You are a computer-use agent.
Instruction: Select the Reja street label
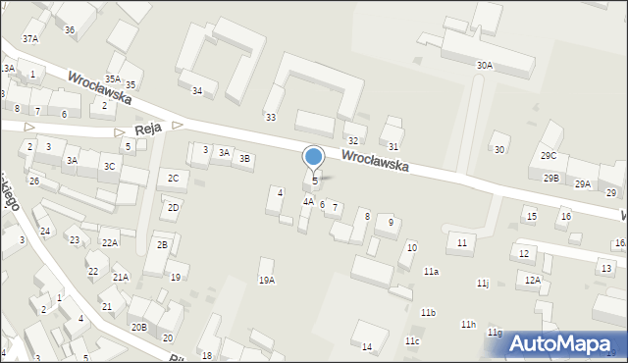click(x=147, y=130)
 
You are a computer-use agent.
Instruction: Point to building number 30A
click(x=484, y=65)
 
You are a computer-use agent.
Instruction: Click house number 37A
click(x=31, y=38)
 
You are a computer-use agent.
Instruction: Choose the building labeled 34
click(x=197, y=91)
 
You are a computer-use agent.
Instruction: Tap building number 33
click(x=271, y=118)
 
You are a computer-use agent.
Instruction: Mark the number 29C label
click(x=549, y=156)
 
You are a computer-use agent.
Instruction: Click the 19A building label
click(x=266, y=281)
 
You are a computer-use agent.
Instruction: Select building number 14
click(x=367, y=347)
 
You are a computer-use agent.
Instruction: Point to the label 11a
click(x=431, y=271)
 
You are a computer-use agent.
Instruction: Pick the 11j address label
click(x=483, y=284)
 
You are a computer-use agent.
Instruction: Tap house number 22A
click(x=109, y=242)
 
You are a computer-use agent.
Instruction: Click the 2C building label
click(x=173, y=178)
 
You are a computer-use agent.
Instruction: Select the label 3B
click(x=245, y=158)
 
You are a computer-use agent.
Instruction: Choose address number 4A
click(x=308, y=202)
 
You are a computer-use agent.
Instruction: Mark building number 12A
click(x=533, y=280)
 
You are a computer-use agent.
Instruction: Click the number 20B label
click(x=138, y=327)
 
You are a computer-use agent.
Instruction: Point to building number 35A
click(x=113, y=78)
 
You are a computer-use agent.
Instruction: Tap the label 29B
click(x=551, y=178)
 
